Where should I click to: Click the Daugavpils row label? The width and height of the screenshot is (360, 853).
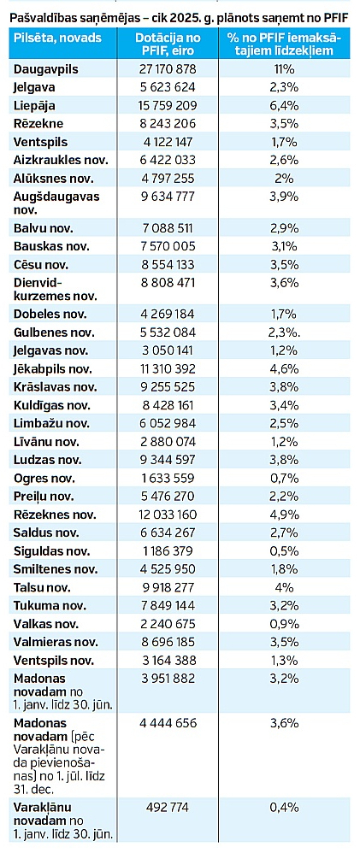tap(46, 69)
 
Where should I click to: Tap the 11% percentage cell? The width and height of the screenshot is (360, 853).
tap(284, 69)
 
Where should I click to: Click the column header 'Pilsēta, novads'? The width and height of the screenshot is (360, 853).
tap(58, 38)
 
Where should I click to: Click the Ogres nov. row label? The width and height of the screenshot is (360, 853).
tap(44, 479)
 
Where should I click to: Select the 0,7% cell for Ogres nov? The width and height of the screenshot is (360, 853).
tap(284, 479)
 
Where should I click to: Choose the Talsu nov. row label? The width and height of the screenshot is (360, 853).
tap(43, 587)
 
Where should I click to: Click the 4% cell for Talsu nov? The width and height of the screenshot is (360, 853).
tap(284, 587)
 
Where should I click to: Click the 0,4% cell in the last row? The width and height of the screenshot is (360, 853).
tap(284, 808)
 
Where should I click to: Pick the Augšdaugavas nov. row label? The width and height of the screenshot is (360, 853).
tap(57, 203)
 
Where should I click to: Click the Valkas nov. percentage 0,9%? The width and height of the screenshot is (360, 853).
tap(284, 624)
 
